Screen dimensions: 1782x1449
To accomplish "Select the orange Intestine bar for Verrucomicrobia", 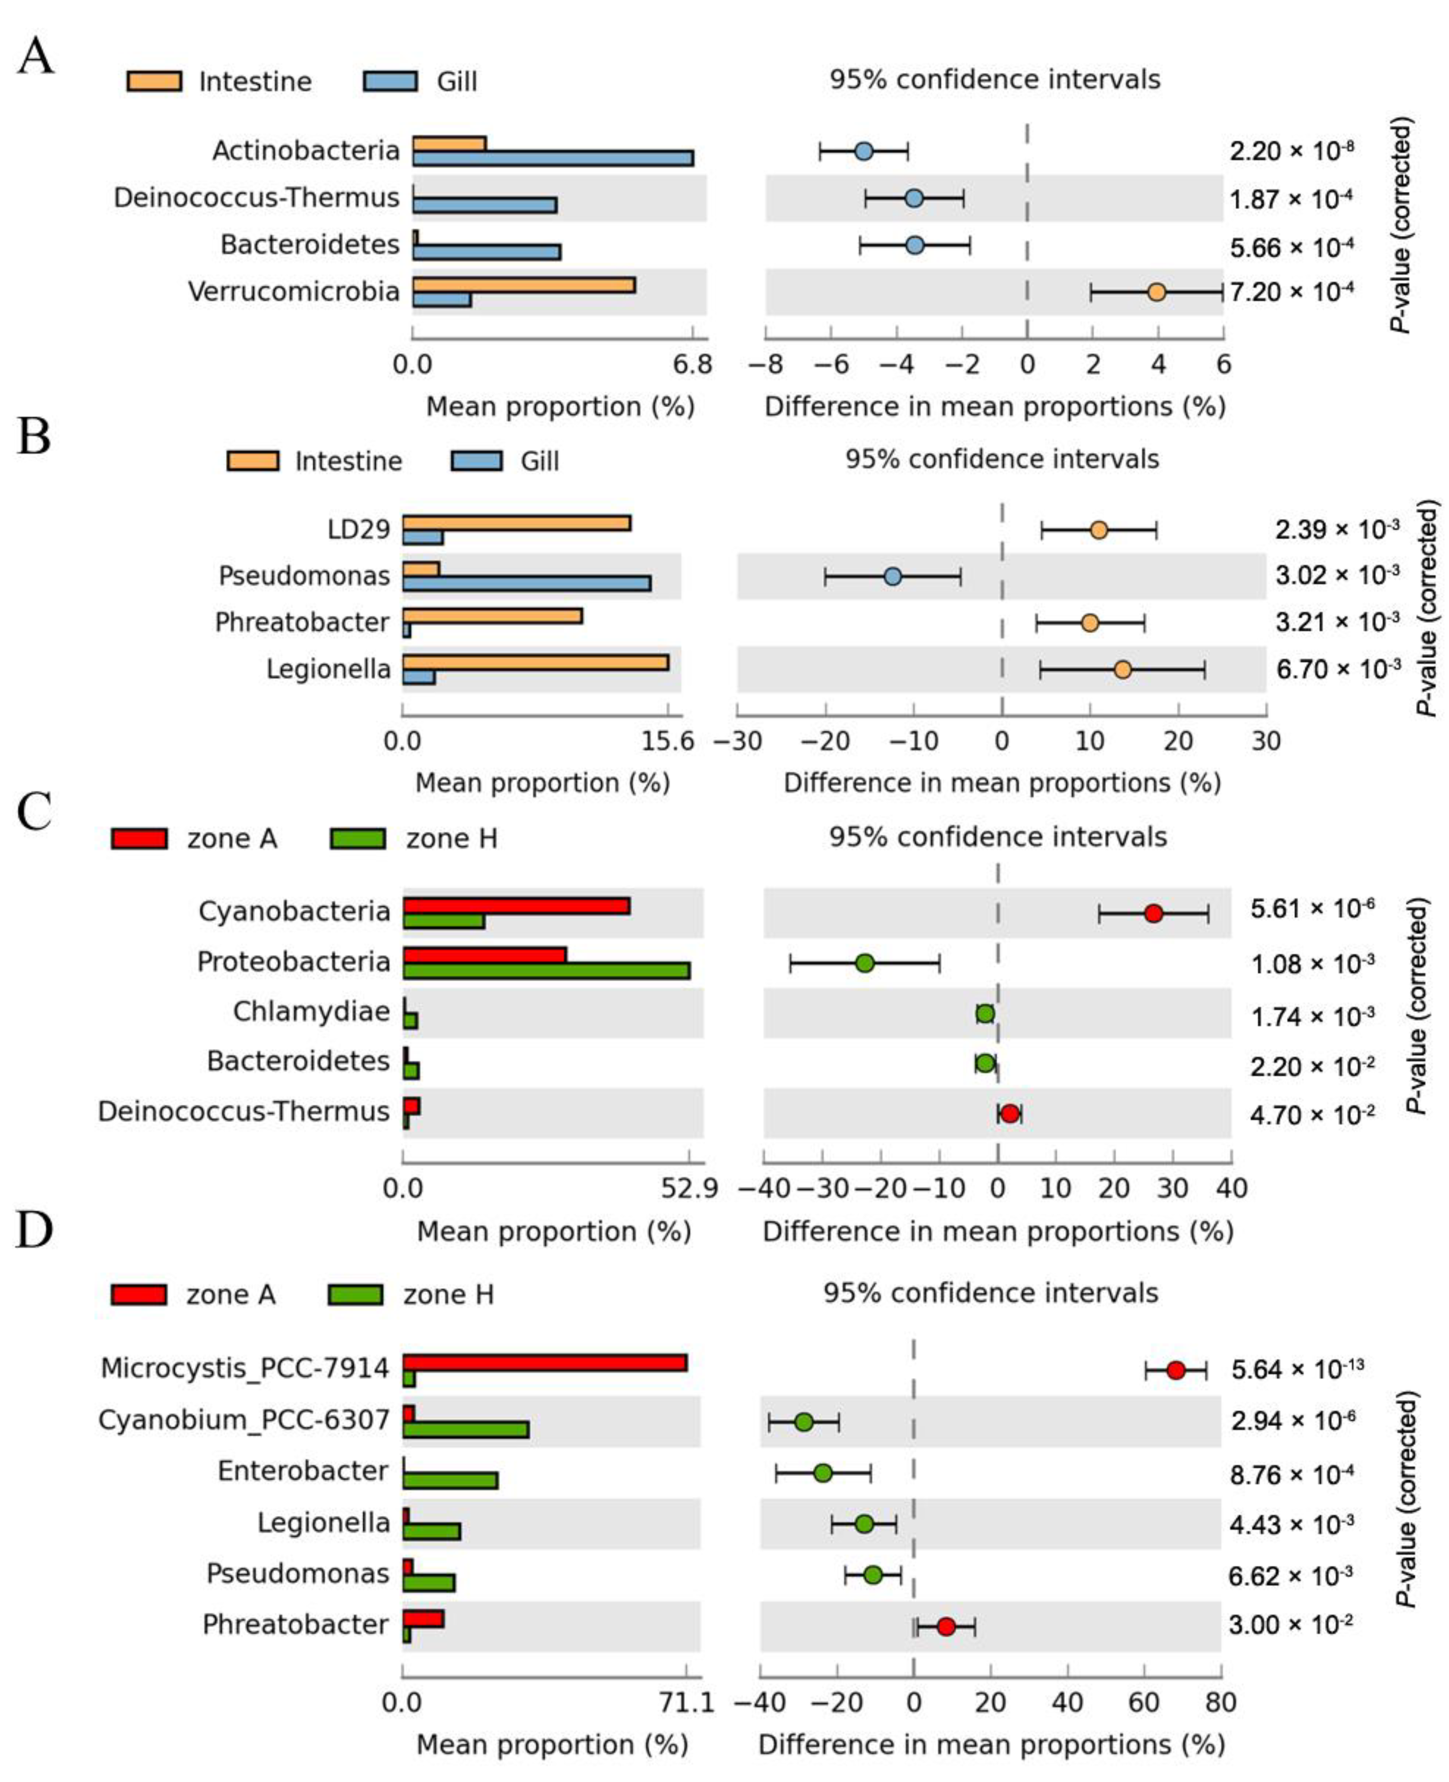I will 523,285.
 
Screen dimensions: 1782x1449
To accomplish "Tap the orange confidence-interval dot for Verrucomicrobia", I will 1156,292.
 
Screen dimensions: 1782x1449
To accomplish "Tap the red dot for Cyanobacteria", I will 1153,913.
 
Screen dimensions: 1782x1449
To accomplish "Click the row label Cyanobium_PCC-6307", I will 244,1421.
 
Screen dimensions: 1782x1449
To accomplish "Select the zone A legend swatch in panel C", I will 139,838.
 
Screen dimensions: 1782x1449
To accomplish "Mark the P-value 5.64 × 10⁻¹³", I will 1297,1370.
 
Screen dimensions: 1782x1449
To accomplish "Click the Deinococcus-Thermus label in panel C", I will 244,1112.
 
